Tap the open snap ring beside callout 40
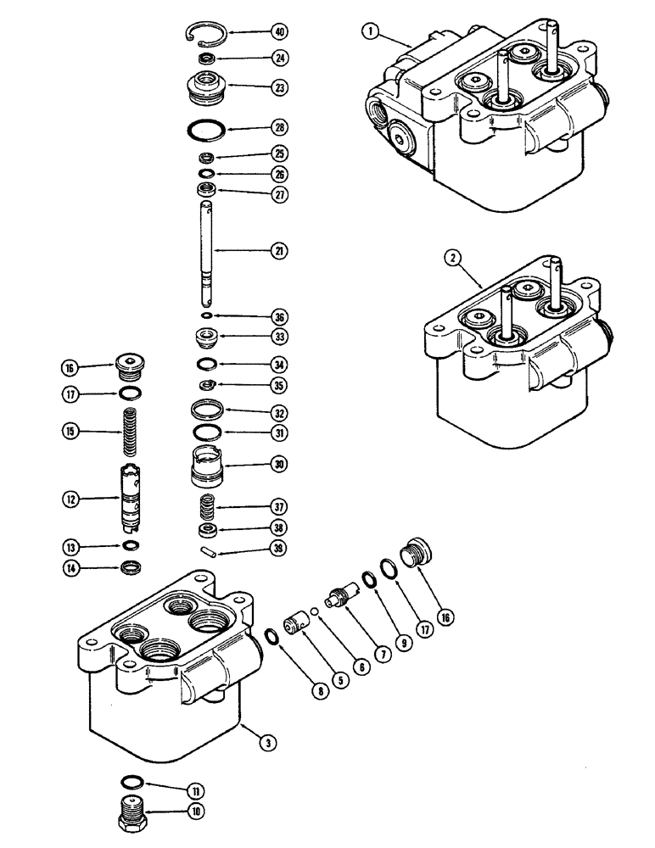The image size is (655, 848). click(x=204, y=33)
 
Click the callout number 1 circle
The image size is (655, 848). click(x=368, y=31)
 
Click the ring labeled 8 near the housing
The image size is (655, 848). click(x=271, y=636)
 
